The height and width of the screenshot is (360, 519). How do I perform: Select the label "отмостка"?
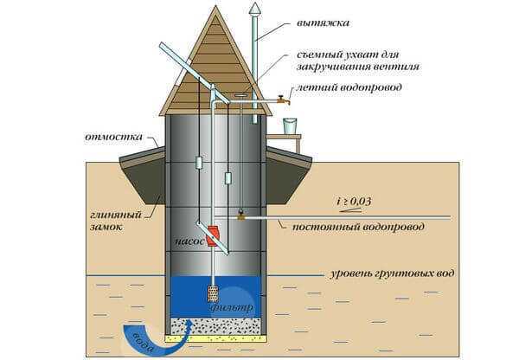(x=109, y=137)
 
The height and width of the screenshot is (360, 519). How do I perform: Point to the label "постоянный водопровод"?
(x=347, y=228)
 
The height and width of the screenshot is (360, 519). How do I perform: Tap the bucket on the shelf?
(x=290, y=125)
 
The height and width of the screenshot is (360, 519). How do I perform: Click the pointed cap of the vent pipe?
(x=253, y=9)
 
